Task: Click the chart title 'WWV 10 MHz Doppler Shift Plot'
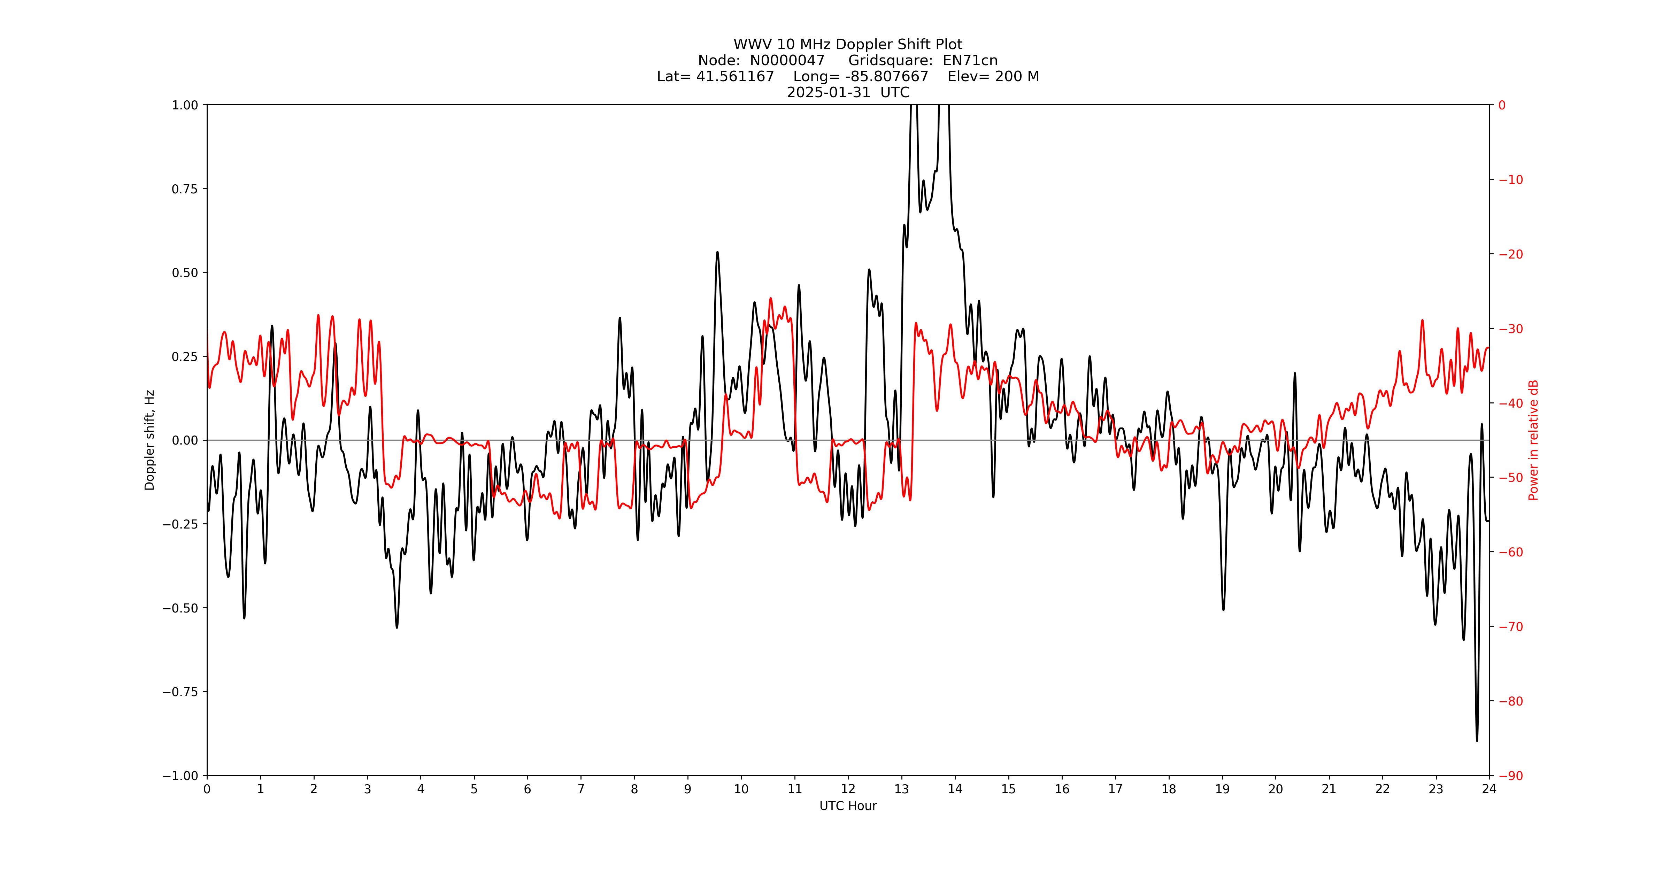coord(847,44)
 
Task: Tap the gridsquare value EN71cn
coord(970,60)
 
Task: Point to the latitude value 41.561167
coord(735,76)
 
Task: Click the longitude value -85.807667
coord(887,76)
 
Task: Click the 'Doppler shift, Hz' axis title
coord(150,440)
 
